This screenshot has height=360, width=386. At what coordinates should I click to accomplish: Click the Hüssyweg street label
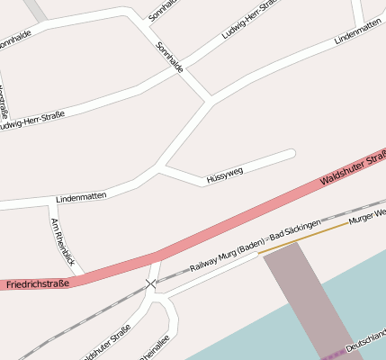[224, 170]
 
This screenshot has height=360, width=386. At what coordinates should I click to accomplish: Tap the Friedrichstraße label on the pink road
[37, 284]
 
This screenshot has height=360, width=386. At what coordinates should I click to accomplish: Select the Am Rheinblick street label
[62, 240]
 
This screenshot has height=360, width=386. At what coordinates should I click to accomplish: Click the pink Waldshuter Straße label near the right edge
[353, 170]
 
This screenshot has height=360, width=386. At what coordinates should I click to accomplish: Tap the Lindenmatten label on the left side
[81, 195]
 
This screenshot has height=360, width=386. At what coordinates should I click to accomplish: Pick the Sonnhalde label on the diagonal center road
[169, 57]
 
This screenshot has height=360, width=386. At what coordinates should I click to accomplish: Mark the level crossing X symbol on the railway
[150, 284]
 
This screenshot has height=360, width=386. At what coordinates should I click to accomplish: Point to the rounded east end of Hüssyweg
[290, 153]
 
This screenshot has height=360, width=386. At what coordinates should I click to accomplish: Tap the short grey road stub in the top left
[35, 9]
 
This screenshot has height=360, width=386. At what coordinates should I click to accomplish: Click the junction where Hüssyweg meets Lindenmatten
[160, 166]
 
